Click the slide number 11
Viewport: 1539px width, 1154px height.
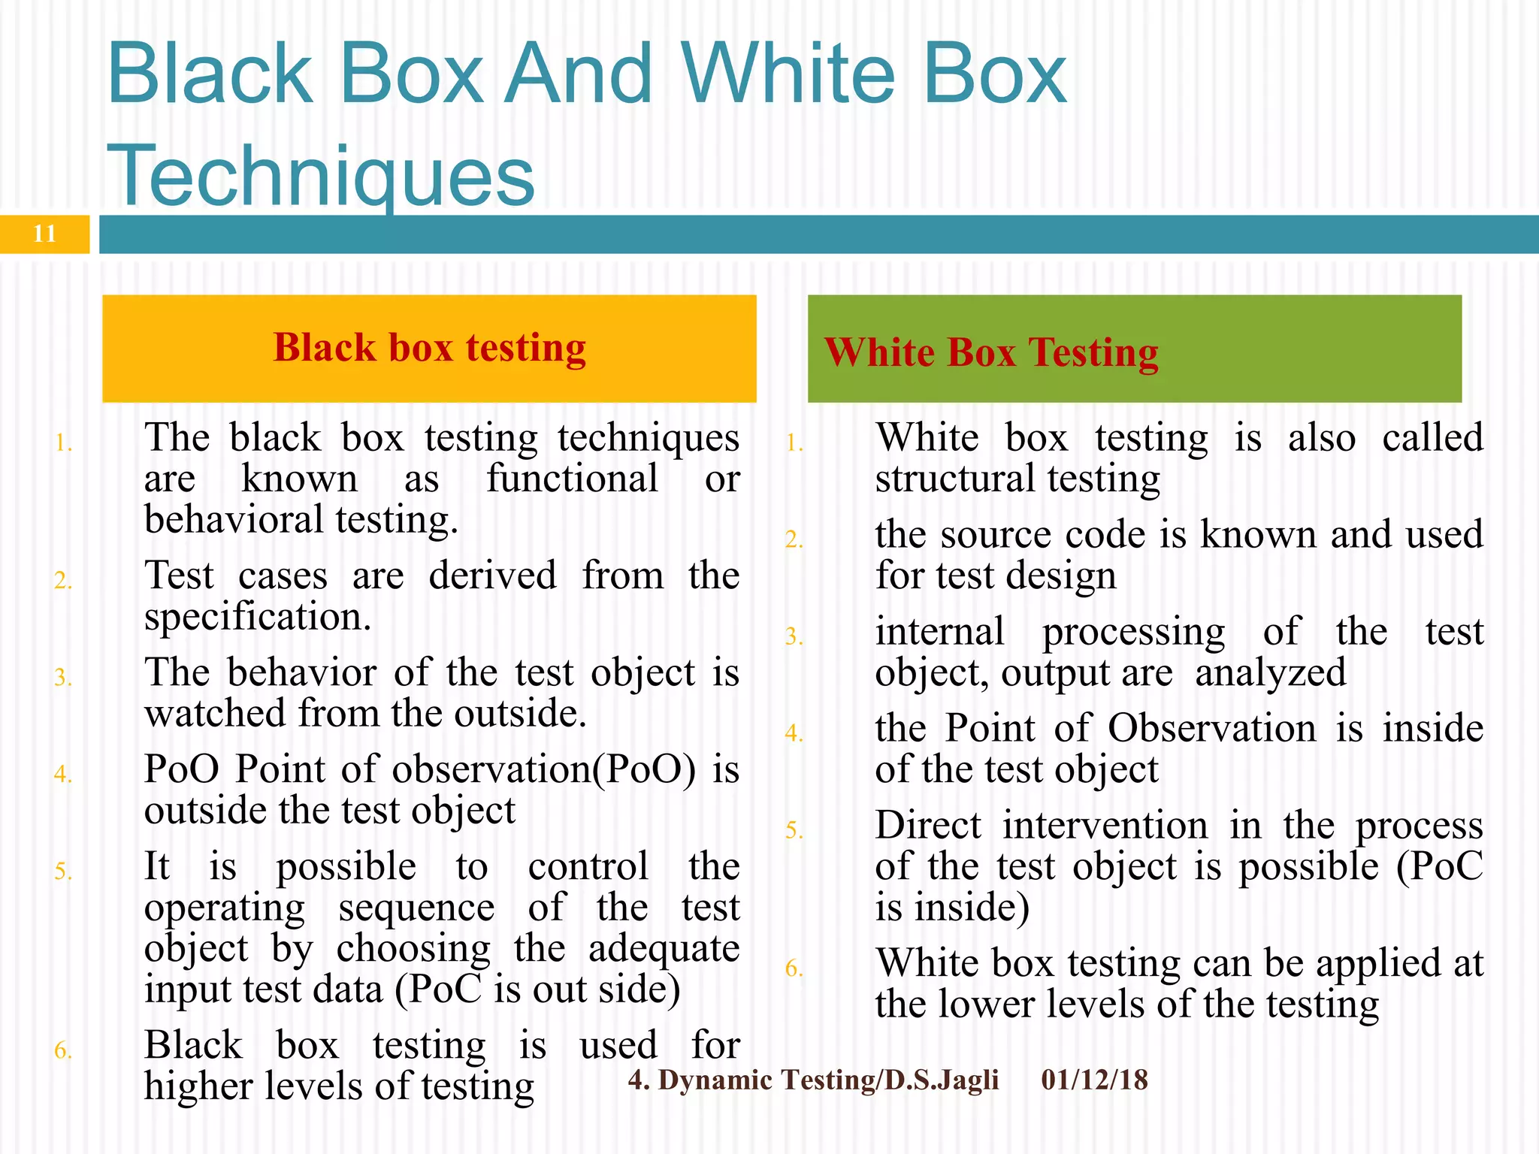tap(44, 234)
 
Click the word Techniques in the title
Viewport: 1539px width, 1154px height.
tap(321, 175)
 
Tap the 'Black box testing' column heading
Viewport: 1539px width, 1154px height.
tap(429, 348)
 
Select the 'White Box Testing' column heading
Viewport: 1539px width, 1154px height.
tap(991, 352)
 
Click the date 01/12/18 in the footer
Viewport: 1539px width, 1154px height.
tap(1094, 1080)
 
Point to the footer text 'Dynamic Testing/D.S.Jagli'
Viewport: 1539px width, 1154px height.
tap(828, 1080)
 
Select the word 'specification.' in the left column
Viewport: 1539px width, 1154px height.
tap(258, 617)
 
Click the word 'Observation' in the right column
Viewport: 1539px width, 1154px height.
tap(1211, 728)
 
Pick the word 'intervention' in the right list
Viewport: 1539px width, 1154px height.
tap(1105, 825)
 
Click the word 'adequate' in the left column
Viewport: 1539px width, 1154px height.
tap(664, 949)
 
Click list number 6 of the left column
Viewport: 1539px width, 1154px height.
tap(63, 1050)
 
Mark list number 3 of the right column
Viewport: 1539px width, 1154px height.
tap(794, 637)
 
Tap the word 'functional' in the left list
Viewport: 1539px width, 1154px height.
tap(572, 479)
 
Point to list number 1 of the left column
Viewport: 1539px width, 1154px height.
tap(63, 443)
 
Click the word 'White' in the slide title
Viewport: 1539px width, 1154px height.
tap(789, 74)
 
